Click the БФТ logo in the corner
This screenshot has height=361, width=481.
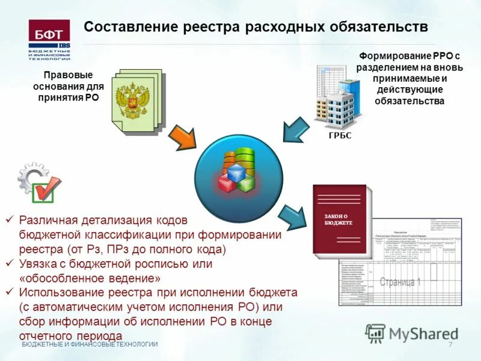pos(49,39)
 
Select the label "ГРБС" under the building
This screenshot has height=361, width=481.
pos(340,136)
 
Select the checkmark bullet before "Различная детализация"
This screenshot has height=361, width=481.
pos(9,220)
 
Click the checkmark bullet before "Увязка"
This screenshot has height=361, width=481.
pos(9,264)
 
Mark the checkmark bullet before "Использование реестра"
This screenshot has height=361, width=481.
pos(9,293)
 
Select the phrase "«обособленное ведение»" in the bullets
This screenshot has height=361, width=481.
pos(90,279)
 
